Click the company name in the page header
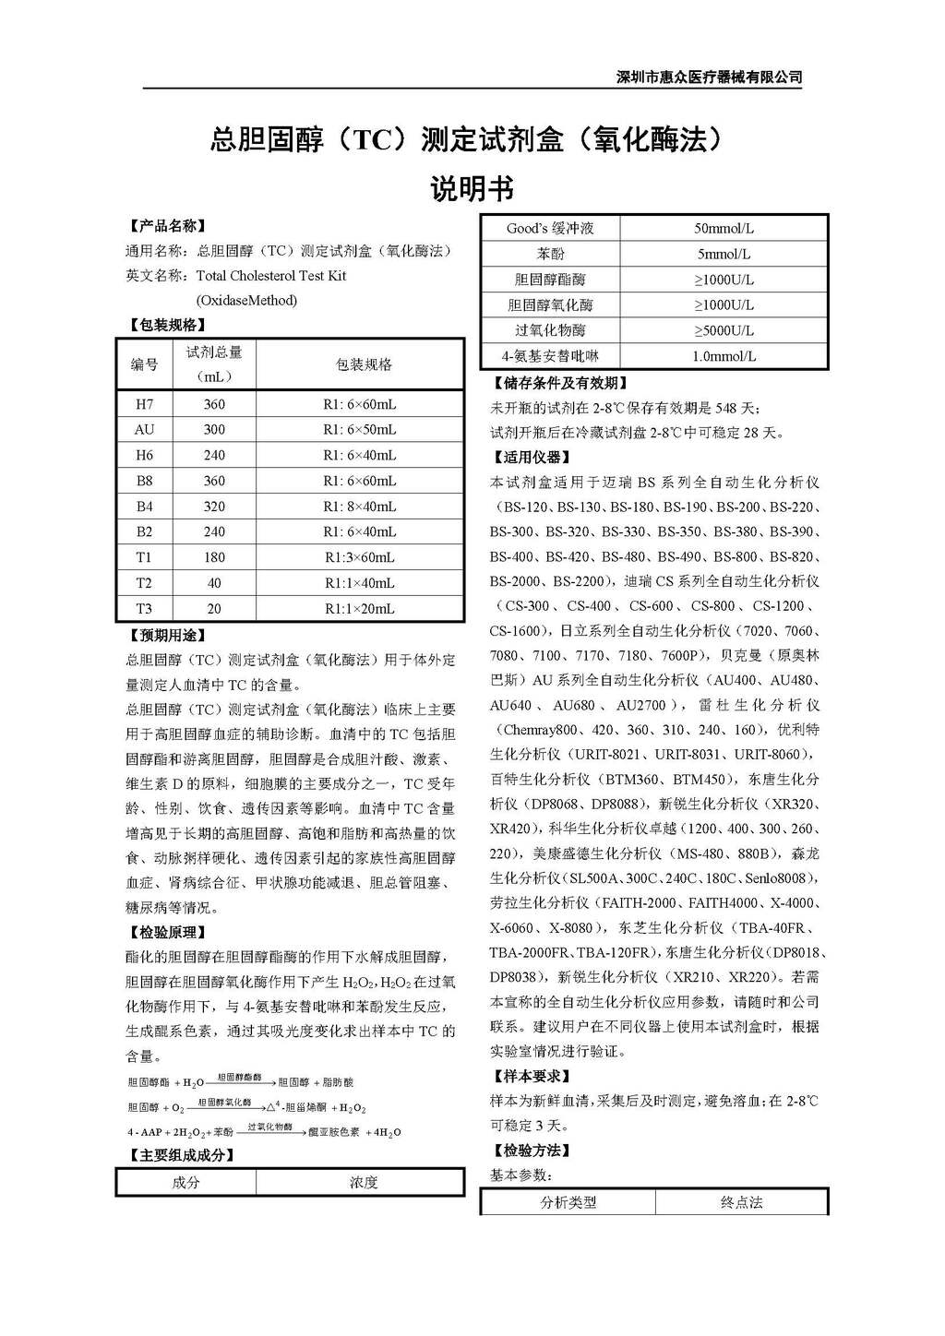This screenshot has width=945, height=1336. click(x=709, y=78)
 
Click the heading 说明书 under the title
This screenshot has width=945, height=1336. click(x=472, y=189)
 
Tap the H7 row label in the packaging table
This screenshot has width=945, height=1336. click(x=145, y=404)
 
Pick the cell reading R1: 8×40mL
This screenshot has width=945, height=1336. click(x=359, y=507)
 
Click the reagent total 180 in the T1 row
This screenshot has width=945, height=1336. click(x=214, y=557)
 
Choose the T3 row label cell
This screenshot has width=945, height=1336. click(x=145, y=609)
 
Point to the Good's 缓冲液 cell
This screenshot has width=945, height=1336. click(x=550, y=228)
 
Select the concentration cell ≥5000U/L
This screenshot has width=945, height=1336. click(x=724, y=330)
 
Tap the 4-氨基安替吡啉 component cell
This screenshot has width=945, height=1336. click(x=550, y=356)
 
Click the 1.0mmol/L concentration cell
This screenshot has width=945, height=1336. click(x=724, y=356)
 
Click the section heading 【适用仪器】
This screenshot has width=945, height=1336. click(x=532, y=457)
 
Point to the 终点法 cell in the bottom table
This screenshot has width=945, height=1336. click(x=741, y=1202)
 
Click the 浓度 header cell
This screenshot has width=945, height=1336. click(x=363, y=1183)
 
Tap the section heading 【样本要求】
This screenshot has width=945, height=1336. click(x=532, y=1076)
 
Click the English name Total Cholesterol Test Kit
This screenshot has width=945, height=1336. click(x=271, y=276)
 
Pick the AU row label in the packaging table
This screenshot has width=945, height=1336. click(x=145, y=430)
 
